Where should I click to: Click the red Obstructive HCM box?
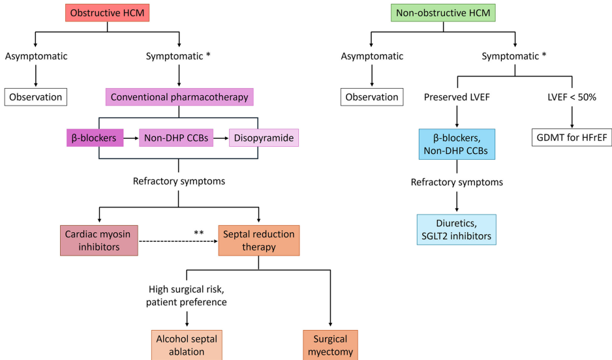click(107, 12)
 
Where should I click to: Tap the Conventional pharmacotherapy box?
click(179, 97)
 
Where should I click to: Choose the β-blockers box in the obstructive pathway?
click(95, 138)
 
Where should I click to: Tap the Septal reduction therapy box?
click(259, 241)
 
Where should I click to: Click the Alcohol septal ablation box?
click(187, 344)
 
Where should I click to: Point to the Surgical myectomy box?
click(331, 344)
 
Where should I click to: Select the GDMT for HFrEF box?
click(572, 138)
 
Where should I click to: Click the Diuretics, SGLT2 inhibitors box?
click(457, 229)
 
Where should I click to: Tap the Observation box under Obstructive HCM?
click(36, 97)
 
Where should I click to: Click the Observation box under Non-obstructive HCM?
click(372, 97)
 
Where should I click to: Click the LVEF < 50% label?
click(572, 97)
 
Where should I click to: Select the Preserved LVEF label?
click(457, 97)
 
